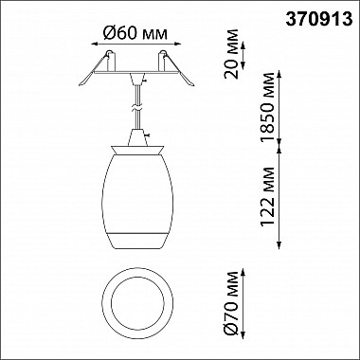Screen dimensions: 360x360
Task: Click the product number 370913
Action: tap(319, 20)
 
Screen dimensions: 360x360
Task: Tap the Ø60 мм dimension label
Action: tap(135, 33)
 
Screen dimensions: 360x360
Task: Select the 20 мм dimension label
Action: tap(231, 54)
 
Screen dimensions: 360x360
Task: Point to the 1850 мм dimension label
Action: tap(267, 107)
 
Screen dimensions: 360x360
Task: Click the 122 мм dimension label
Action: tap(267, 196)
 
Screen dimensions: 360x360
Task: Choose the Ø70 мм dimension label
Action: tap(232, 303)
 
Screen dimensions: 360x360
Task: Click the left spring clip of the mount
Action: tap(94, 69)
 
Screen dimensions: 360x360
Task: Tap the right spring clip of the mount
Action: tap(179, 69)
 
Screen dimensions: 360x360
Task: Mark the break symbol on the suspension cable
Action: tap(137, 108)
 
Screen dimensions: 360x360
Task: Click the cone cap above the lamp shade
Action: tap(137, 137)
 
